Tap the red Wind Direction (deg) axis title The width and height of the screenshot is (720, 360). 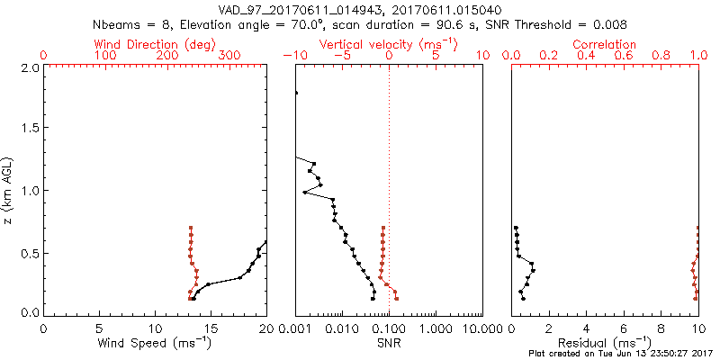coord(156,44)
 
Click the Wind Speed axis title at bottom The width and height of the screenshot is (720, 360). coord(156,343)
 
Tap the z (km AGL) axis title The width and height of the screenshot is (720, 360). coord(9,191)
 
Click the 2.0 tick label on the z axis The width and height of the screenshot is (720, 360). coord(30,67)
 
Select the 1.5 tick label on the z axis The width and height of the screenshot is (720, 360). coord(30,129)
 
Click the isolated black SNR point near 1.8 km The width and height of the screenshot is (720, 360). coord(296,93)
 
